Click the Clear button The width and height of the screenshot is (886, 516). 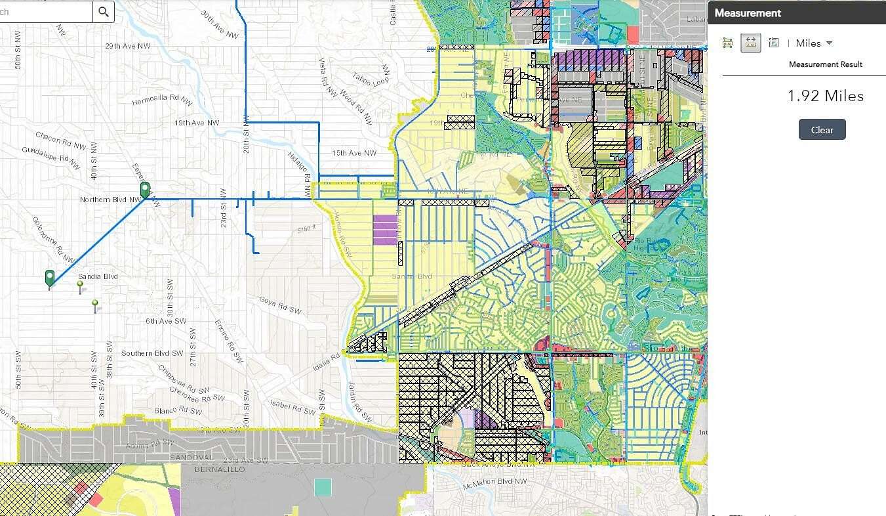tap(822, 129)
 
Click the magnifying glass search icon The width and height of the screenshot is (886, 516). tap(104, 12)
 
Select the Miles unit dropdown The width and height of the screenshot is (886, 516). tap(814, 43)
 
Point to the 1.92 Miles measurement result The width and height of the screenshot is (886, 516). tap(825, 96)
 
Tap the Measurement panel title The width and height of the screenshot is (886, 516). tap(748, 13)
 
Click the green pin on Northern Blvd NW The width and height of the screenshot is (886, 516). tap(145, 190)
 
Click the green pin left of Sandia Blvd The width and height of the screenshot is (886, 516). tap(50, 278)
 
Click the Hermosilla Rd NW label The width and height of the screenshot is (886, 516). tap(162, 102)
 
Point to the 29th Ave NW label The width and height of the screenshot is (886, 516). tap(129, 47)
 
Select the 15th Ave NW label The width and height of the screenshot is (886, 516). tap(354, 153)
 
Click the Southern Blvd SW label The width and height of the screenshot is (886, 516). tap(152, 353)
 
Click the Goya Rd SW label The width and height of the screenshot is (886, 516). tap(280, 306)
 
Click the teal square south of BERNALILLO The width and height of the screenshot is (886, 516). tap(323, 487)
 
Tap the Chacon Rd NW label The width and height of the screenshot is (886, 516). tap(61, 140)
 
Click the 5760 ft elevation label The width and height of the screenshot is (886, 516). tap(306, 230)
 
